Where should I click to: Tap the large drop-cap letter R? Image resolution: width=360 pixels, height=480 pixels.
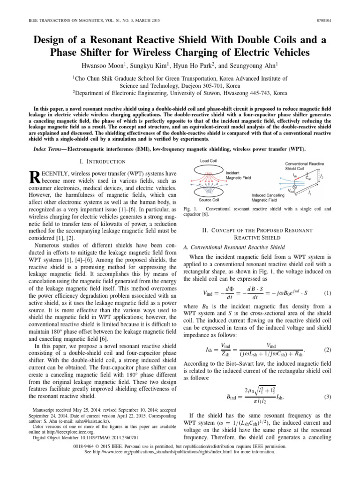(35, 177)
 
